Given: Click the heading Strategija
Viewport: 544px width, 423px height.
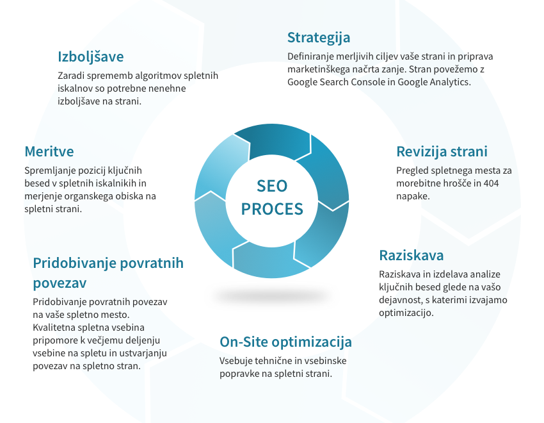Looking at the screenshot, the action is (x=319, y=38).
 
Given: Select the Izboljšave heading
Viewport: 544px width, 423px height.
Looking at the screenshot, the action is (x=90, y=57).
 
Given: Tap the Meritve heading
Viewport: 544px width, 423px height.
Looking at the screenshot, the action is (x=49, y=151).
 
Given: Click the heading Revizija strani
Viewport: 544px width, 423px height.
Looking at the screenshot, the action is (x=442, y=152).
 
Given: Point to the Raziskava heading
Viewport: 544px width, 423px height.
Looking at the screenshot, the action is (x=411, y=255).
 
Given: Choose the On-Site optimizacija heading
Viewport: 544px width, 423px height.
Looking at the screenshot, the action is (x=285, y=342).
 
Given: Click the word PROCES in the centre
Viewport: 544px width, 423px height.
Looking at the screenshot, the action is (x=272, y=209).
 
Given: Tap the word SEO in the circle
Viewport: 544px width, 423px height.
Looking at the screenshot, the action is (x=272, y=186).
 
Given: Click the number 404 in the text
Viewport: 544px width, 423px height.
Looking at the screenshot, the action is (x=491, y=183).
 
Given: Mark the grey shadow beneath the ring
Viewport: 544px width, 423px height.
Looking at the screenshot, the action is (x=271, y=296).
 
